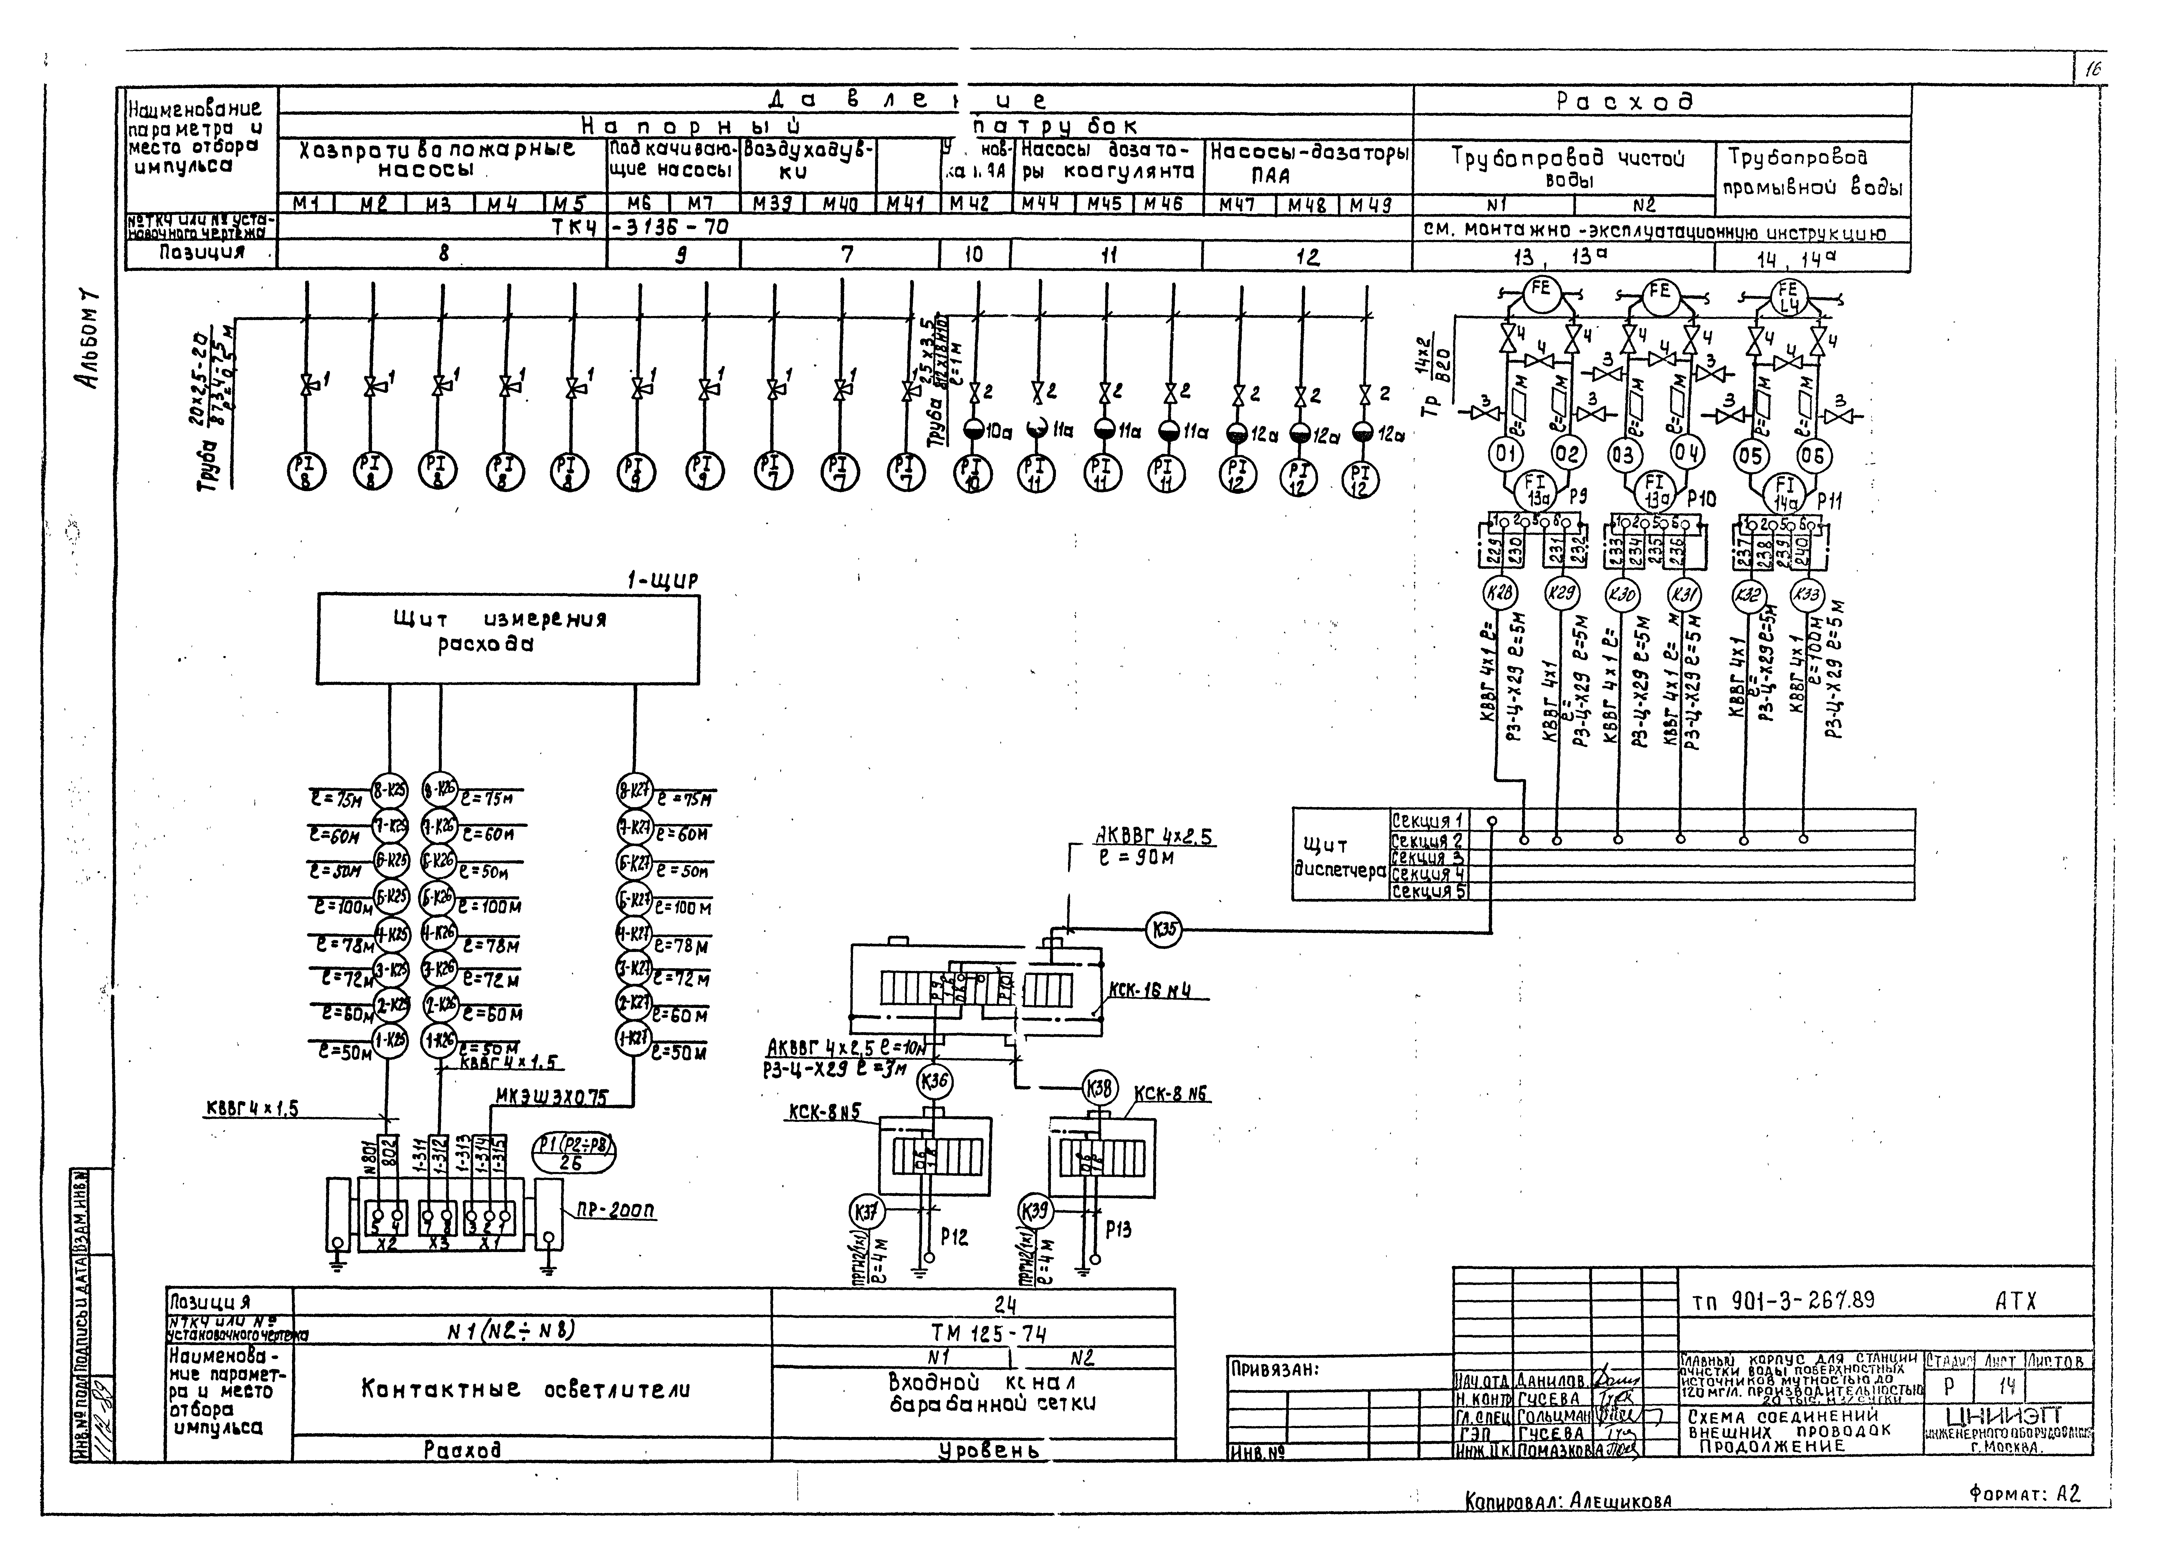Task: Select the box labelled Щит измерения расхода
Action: [507, 638]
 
